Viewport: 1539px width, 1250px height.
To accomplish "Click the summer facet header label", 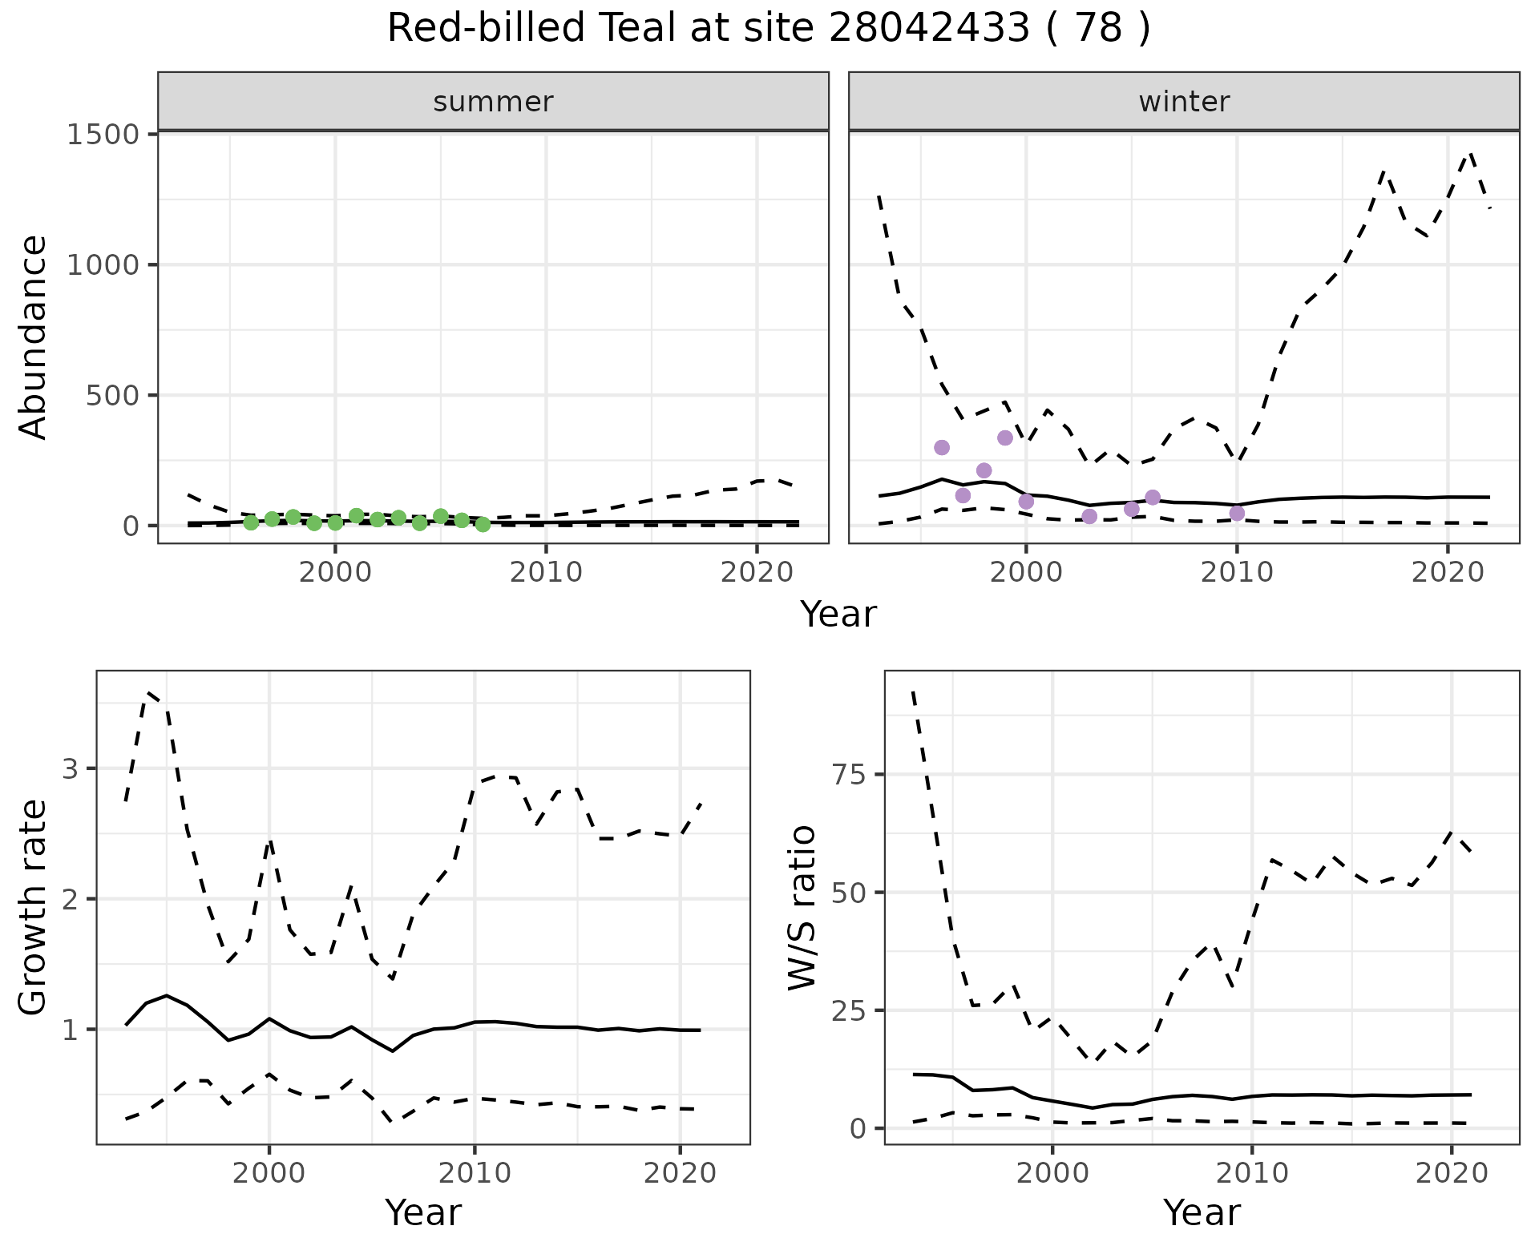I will pos(493,102).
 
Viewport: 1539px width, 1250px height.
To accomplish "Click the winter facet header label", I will pos(1184,102).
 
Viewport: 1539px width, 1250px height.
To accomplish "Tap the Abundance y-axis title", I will pos(34,337).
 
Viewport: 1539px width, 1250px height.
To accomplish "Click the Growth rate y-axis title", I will pos(34,908).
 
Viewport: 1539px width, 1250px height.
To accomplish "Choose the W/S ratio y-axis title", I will pos(802,908).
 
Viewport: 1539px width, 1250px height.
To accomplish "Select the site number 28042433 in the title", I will pos(929,29).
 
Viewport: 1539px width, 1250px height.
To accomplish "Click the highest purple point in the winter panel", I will pos(1005,437).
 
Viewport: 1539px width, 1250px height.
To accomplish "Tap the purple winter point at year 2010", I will pos(1237,513).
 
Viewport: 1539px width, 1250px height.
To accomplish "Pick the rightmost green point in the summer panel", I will pos(483,524).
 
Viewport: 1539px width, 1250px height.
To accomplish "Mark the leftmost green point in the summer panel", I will pos(251,522).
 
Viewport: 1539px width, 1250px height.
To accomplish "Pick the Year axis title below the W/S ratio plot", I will pos(1202,1212).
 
